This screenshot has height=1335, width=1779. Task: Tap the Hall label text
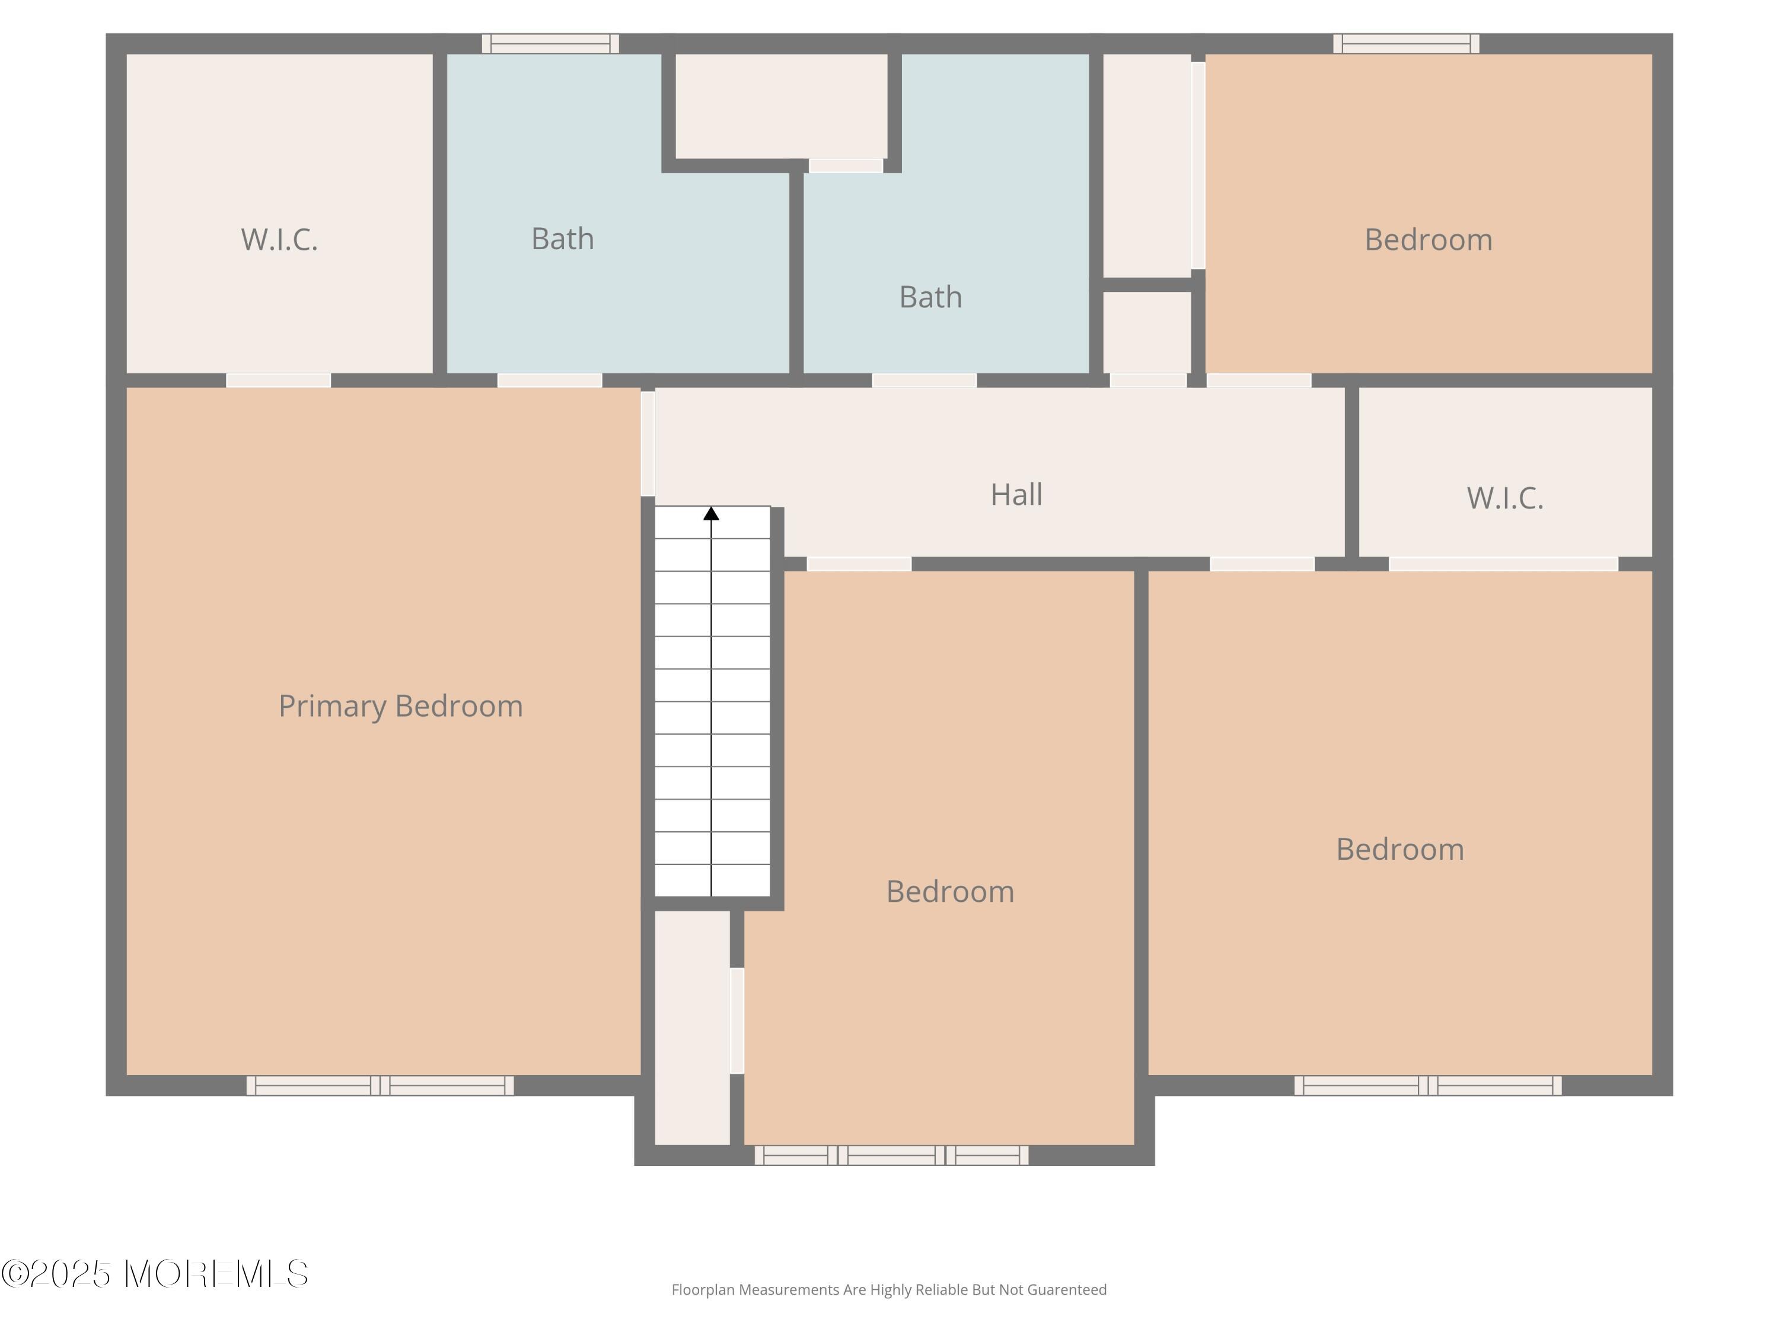click(1016, 495)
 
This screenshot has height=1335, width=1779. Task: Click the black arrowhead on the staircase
click(711, 513)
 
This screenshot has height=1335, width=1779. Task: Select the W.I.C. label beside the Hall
click(1504, 498)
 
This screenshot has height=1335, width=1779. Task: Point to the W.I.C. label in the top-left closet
click(279, 240)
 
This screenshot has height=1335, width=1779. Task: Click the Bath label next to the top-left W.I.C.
click(562, 239)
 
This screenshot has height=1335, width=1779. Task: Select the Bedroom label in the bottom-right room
click(1399, 850)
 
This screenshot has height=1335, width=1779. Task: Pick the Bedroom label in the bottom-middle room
click(950, 892)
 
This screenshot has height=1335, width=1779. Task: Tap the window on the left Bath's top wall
click(550, 43)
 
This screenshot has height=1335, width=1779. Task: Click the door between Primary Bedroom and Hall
click(648, 443)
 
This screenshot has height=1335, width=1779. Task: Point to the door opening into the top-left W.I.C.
click(278, 381)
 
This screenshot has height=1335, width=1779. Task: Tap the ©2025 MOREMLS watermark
click(154, 1274)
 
